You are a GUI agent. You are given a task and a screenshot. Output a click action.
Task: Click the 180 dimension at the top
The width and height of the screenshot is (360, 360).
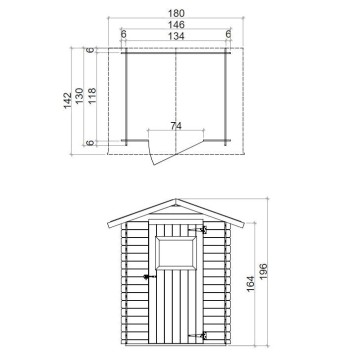(177, 12)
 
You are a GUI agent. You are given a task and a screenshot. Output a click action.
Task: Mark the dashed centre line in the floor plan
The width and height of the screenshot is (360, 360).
(176, 90)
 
